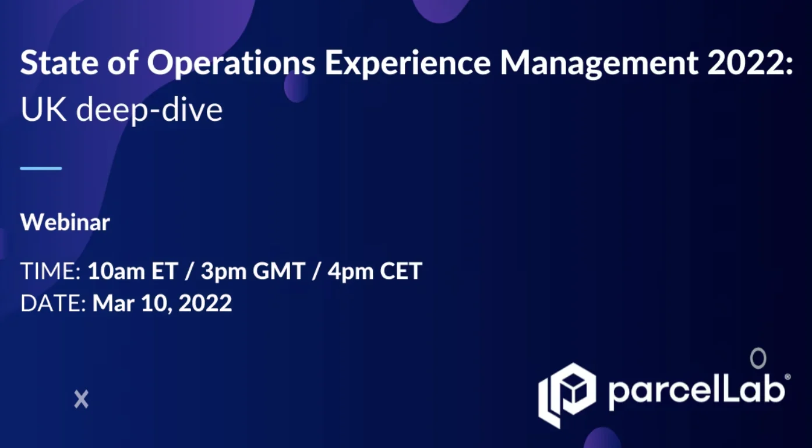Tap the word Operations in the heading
pos(231,64)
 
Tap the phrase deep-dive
pos(149,110)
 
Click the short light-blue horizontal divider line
pos(41,168)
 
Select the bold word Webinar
pos(65,222)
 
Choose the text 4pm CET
pos(375,272)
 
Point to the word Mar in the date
pos(114,303)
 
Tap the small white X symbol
pos(82,400)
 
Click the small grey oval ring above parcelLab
pos(758,358)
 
